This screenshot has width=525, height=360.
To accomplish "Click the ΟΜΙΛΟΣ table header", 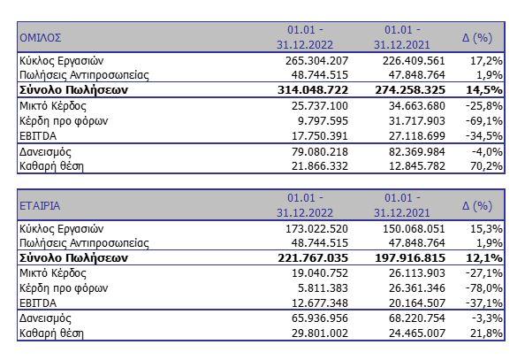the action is pyautogui.click(x=40, y=37).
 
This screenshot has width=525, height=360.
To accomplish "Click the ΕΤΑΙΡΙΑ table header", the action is pyautogui.click(x=40, y=205).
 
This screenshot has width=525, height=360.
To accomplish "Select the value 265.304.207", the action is pyautogui.click(x=316, y=61).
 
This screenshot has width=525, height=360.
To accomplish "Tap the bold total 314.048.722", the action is pyautogui.click(x=313, y=90).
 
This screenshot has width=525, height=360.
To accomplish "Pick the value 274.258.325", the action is pyautogui.click(x=410, y=90).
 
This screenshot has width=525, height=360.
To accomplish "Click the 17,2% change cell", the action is pyautogui.click(x=486, y=61).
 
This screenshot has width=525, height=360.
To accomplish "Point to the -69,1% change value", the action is pyautogui.click(x=484, y=120).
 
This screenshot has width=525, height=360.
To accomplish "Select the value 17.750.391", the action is pyautogui.click(x=320, y=135).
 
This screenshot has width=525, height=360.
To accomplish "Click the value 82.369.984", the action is pyautogui.click(x=417, y=151).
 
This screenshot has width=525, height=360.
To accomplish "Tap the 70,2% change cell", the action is pyautogui.click(x=486, y=166).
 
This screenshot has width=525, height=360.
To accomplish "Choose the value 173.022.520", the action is pyautogui.click(x=316, y=228).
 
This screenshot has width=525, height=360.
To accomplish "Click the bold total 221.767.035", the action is pyautogui.click(x=313, y=257).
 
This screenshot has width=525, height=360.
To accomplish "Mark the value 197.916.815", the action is pyautogui.click(x=410, y=257).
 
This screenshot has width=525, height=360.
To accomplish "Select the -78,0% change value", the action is pyautogui.click(x=484, y=288).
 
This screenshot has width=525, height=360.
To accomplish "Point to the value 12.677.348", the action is pyautogui.click(x=320, y=303).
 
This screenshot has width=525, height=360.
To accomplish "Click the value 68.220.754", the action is pyautogui.click(x=417, y=318).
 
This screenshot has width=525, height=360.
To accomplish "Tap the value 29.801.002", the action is pyautogui.click(x=320, y=333).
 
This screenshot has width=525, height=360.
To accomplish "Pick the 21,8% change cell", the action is pyautogui.click(x=486, y=333).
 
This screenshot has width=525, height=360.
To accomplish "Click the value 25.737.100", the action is pyautogui.click(x=320, y=106).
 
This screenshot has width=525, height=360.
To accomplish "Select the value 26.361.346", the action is pyautogui.click(x=417, y=288).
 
